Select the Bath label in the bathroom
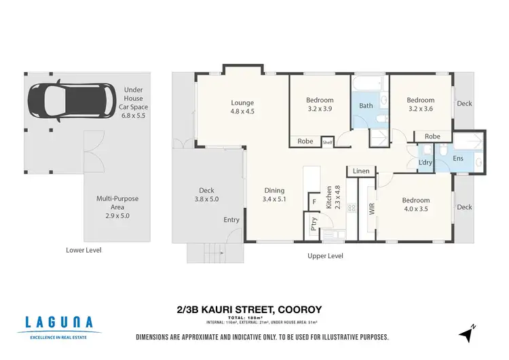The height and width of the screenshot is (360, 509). pyautogui.click(x=366, y=106)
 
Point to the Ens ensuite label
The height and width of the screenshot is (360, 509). pyautogui.click(x=458, y=159)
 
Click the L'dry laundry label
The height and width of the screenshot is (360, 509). pyautogui.click(x=426, y=163)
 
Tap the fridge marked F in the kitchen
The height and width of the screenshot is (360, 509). pyautogui.click(x=314, y=202)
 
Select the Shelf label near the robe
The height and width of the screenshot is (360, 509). pyautogui.click(x=327, y=142)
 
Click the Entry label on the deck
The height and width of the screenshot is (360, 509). pyautogui.click(x=231, y=220)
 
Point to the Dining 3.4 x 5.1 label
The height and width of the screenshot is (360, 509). pyautogui.click(x=274, y=195)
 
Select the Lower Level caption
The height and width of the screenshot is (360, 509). pyautogui.click(x=83, y=250)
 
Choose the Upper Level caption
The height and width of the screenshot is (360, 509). pyautogui.click(x=325, y=256)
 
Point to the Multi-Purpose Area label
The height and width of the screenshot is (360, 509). pyautogui.click(x=117, y=206)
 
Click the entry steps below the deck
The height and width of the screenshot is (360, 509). pyautogui.click(x=204, y=253)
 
